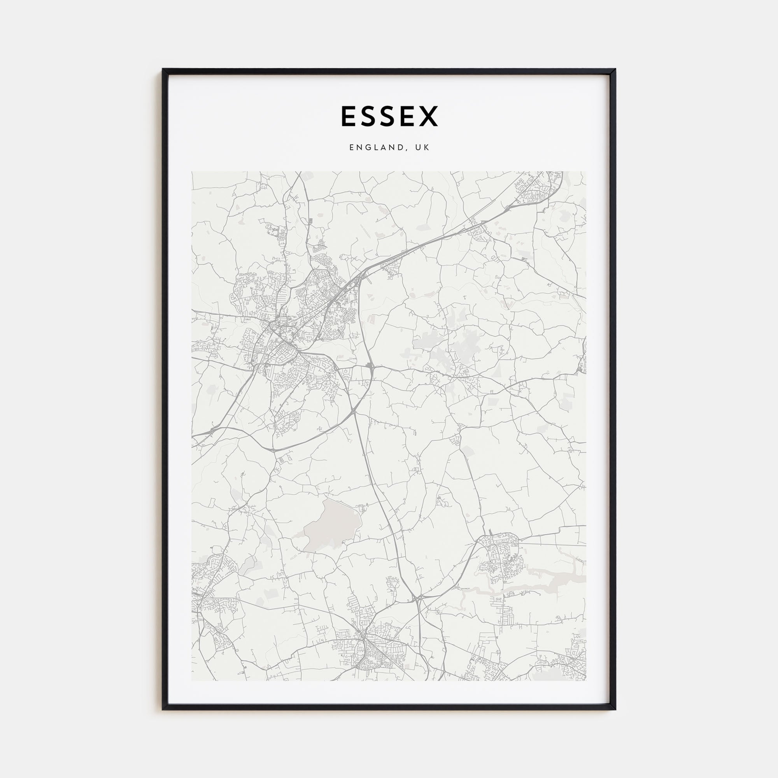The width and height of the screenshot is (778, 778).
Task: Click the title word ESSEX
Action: click(x=389, y=116)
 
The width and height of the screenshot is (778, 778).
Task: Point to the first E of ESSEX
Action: click(x=347, y=116)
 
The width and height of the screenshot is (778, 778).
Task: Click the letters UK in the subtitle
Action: click(x=423, y=148)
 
